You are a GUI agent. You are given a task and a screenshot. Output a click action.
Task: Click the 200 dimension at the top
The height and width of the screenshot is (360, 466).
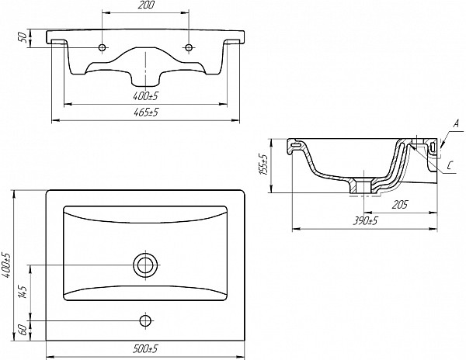146,5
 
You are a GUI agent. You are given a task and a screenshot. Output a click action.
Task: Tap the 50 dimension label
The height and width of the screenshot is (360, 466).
24,38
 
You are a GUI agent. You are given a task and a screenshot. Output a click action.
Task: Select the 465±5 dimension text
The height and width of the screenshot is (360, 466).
146,112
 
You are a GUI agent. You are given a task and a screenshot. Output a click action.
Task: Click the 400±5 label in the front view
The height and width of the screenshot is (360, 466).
146,96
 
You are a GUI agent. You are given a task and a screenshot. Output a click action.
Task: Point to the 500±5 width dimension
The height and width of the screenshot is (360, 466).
146,349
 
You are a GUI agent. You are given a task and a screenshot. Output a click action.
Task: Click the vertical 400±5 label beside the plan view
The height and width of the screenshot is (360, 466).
6,265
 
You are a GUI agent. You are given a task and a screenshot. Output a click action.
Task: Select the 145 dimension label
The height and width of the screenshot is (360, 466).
23,292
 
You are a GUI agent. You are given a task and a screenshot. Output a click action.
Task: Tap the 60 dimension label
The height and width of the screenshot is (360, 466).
24,330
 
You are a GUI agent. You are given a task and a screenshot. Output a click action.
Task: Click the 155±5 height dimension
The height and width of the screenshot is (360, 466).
264,164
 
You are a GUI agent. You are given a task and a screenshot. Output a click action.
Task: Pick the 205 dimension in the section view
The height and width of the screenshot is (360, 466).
400,205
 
